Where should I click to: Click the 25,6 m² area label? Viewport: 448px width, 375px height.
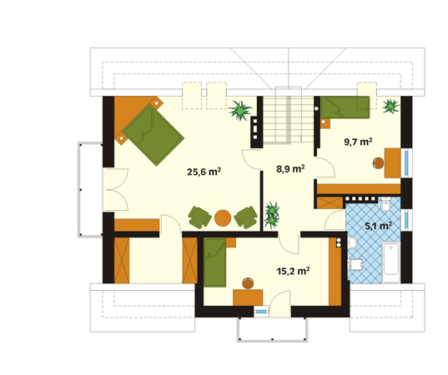[x=204, y=172]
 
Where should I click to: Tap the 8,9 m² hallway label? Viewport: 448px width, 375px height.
[x=290, y=168]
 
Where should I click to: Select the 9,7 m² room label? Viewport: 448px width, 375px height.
[x=358, y=142]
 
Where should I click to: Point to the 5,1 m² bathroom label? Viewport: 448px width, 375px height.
[x=378, y=226]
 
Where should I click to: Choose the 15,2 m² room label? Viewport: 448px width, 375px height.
[x=293, y=271]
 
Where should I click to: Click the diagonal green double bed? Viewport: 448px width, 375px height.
[x=154, y=135]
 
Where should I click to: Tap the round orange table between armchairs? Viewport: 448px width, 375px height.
[x=223, y=218]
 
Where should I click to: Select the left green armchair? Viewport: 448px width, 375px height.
[x=199, y=217]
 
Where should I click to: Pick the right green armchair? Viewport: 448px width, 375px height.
[x=246, y=217]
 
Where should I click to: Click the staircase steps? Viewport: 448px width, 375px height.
[x=289, y=119]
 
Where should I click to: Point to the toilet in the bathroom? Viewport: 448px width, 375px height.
[x=385, y=204]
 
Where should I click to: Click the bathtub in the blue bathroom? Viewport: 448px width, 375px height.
[x=391, y=262]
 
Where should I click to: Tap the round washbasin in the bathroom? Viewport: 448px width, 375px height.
[x=352, y=243]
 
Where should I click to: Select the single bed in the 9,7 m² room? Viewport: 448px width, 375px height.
[x=345, y=107]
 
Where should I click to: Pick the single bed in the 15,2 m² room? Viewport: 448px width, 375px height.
[x=215, y=262]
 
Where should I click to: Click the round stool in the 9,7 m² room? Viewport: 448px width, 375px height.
[x=378, y=163]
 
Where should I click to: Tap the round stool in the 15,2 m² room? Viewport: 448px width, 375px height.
[x=248, y=283]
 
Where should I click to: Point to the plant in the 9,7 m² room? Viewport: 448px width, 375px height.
[x=390, y=106]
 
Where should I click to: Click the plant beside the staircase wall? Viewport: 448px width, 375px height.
[x=240, y=110]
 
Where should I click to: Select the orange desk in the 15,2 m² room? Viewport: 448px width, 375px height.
[x=248, y=297]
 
